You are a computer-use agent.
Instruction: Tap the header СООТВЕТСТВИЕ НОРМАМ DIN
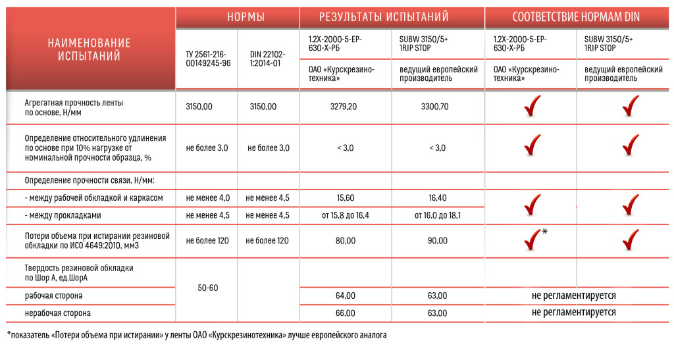tap(576, 17)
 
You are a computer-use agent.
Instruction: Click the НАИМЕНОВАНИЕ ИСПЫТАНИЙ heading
tap(90, 49)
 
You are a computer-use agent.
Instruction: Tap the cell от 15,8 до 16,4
tap(345, 215)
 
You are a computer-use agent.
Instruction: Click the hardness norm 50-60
tap(207, 288)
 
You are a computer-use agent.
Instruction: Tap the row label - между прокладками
tap(63, 215)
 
